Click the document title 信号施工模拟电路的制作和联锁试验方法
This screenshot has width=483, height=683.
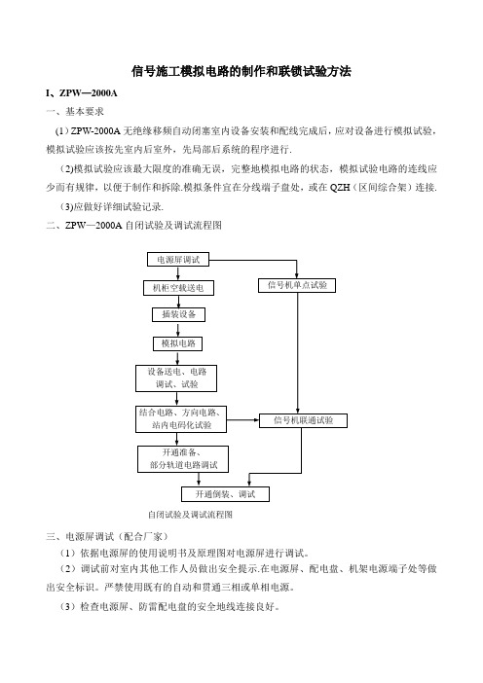[241, 71]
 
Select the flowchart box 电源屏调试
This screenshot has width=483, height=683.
[178, 260]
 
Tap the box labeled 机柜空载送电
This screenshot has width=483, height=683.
[178, 288]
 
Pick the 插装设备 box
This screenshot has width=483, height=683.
[178, 314]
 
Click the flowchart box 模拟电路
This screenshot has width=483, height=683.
[178, 343]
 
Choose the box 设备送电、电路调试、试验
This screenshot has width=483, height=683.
[176, 378]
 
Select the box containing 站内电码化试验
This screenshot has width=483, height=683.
[181, 419]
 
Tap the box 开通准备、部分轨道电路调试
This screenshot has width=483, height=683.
[183, 459]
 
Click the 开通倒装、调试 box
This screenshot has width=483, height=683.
[225, 494]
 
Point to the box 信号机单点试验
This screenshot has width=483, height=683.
[297, 285]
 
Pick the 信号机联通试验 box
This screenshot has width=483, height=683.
[304, 420]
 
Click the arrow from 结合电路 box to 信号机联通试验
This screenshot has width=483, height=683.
[243, 420]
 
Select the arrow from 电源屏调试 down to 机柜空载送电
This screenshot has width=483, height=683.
[178, 273]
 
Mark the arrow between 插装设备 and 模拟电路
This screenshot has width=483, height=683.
[178, 329]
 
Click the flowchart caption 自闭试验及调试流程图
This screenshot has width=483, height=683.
[190, 515]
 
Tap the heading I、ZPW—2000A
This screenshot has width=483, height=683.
[82, 93]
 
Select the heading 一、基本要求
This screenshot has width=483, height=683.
[75, 112]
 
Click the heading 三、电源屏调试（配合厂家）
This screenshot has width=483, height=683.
[107, 536]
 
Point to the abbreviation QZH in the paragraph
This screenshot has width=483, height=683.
[340, 188]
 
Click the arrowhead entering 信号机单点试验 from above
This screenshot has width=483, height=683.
[297, 275]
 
